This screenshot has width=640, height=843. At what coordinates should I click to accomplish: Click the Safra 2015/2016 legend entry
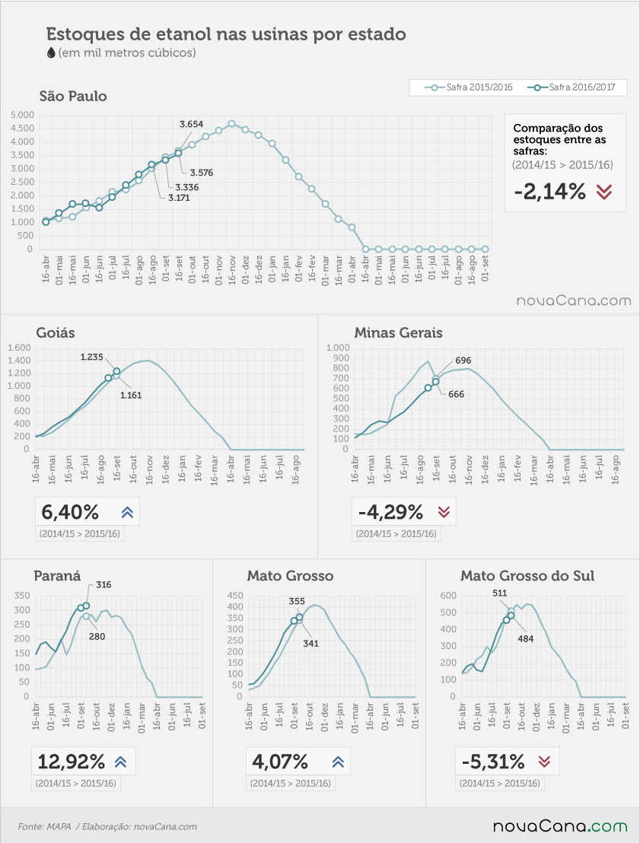click(469, 87)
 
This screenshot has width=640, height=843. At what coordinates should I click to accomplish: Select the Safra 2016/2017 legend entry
click(572, 87)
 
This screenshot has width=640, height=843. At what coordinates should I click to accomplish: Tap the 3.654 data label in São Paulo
click(192, 124)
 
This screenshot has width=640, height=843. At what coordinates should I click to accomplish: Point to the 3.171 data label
click(179, 198)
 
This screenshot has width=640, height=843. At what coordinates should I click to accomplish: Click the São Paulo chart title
click(73, 96)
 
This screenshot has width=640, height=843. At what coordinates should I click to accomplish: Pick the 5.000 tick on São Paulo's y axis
click(22, 115)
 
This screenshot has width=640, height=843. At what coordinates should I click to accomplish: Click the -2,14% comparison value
click(549, 192)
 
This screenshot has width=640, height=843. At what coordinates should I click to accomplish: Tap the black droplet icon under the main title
click(51, 52)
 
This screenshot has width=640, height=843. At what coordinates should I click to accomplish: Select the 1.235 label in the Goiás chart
click(92, 357)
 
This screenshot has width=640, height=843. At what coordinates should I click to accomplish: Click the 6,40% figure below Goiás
click(70, 512)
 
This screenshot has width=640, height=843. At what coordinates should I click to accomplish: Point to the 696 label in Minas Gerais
click(463, 360)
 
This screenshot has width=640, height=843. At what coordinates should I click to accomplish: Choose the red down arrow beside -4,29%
click(444, 512)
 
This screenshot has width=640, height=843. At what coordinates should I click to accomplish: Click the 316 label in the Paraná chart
click(103, 584)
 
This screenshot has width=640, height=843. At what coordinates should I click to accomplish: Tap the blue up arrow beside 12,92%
click(120, 762)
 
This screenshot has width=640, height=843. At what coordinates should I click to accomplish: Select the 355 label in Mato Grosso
click(297, 601)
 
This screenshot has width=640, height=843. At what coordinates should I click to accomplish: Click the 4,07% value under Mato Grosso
click(280, 762)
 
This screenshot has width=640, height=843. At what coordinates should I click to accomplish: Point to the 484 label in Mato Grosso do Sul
click(525, 638)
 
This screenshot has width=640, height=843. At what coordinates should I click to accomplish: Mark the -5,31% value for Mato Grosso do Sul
click(493, 762)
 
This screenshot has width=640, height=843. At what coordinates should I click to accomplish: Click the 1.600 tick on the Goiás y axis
click(19, 348)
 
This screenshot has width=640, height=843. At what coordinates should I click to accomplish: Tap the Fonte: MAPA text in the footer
click(45, 826)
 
